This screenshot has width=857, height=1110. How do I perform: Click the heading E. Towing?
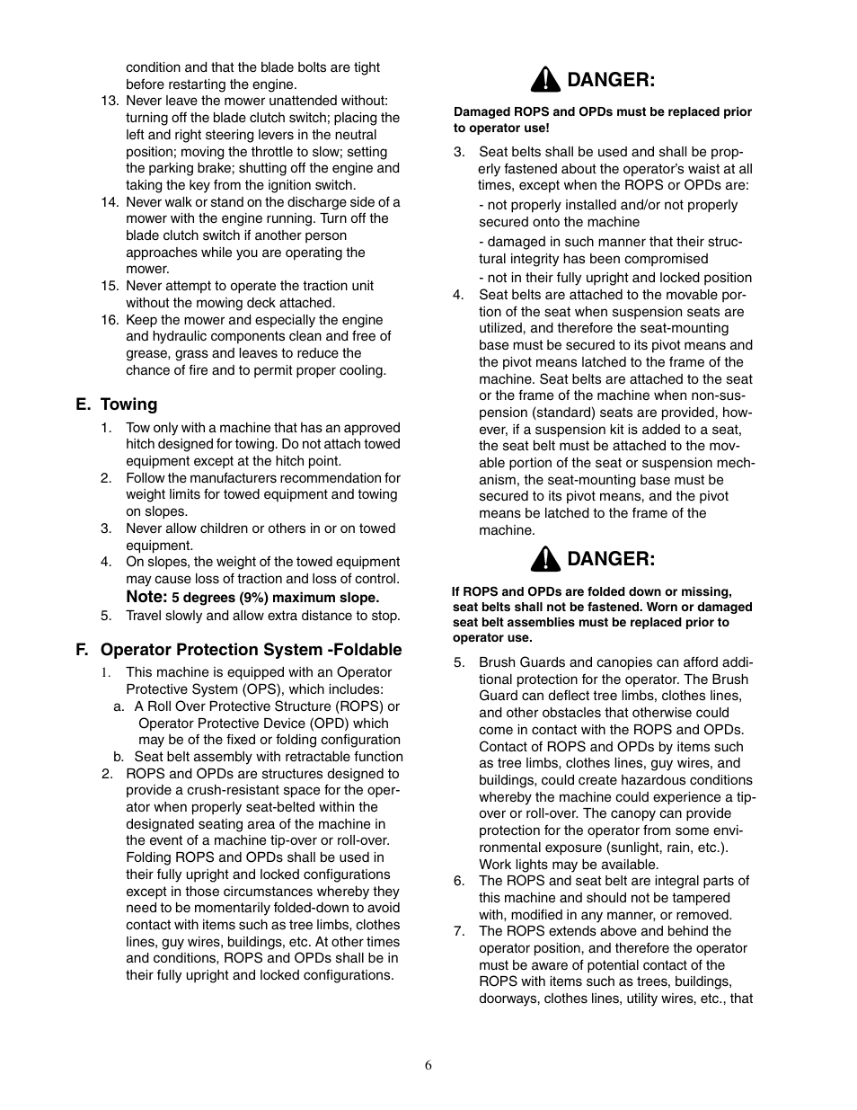pos(116,404)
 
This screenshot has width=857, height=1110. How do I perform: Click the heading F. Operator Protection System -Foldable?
pos(238,650)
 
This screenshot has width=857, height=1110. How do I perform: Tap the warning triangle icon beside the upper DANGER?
pos(544,81)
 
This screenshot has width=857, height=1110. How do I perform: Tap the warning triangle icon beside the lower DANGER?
pos(544,560)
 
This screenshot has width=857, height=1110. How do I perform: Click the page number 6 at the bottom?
pos(428,1065)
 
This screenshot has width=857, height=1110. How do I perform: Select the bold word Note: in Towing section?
pos(146,597)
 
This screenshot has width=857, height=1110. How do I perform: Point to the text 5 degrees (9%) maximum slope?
pos(276,598)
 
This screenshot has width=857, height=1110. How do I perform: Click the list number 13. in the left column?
pos(110,101)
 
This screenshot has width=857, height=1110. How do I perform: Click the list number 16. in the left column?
pos(110,320)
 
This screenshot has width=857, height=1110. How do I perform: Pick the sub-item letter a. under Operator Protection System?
pos(119,706)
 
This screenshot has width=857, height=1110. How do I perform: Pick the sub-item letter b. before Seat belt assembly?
pos(119,757)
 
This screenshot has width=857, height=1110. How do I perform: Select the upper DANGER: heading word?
pos(611,80)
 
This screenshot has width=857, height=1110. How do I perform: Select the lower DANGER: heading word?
pos(611,559)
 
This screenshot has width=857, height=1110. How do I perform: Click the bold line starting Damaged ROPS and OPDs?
pos(602,112)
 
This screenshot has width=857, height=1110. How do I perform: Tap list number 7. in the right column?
pos(459,931)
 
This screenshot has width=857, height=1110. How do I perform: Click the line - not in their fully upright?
pos(614,278)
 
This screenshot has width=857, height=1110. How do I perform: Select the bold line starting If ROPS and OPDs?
pos(591,591)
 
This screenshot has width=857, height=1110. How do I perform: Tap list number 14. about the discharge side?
pos(110,202)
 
